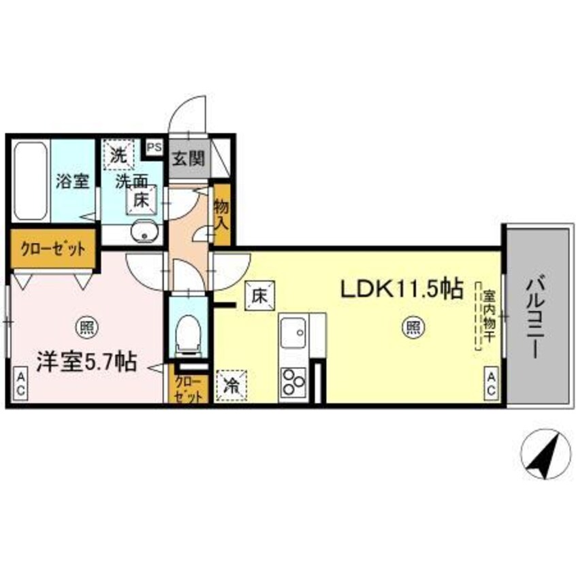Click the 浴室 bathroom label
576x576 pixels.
point(72,183)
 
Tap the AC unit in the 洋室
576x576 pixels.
point(21,383)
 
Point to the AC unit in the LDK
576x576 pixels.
point(490,383)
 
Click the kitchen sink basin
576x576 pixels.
point(295,334)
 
